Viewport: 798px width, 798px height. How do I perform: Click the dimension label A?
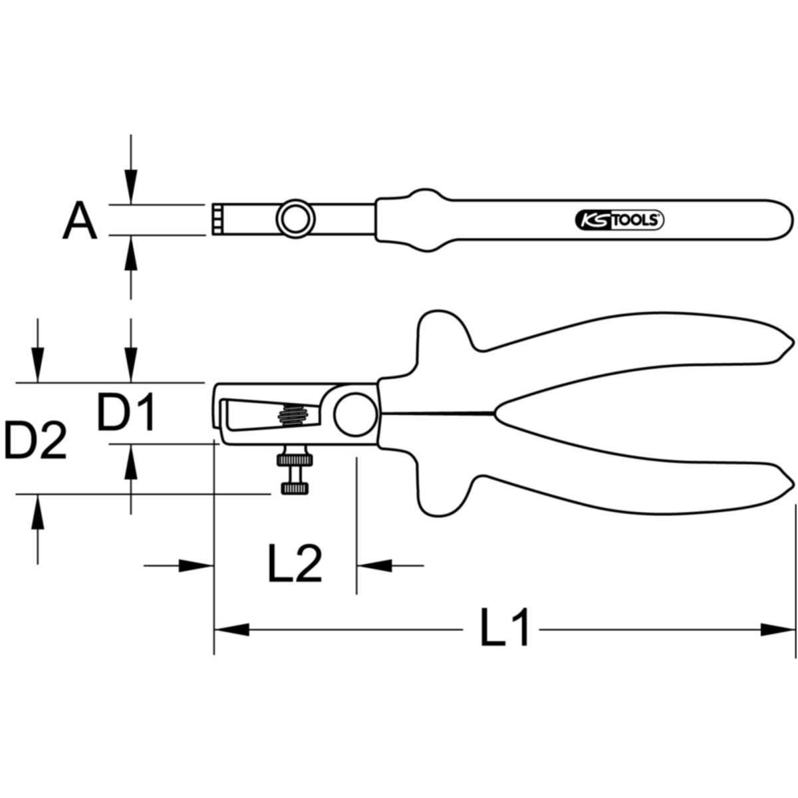[80, 220]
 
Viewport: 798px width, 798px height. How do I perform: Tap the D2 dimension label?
[36, 440]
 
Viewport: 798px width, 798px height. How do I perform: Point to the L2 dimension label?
[295, 564]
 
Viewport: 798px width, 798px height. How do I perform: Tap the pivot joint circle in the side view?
[356, 414]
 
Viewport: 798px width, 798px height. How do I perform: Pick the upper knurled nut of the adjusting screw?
[295, 460]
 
